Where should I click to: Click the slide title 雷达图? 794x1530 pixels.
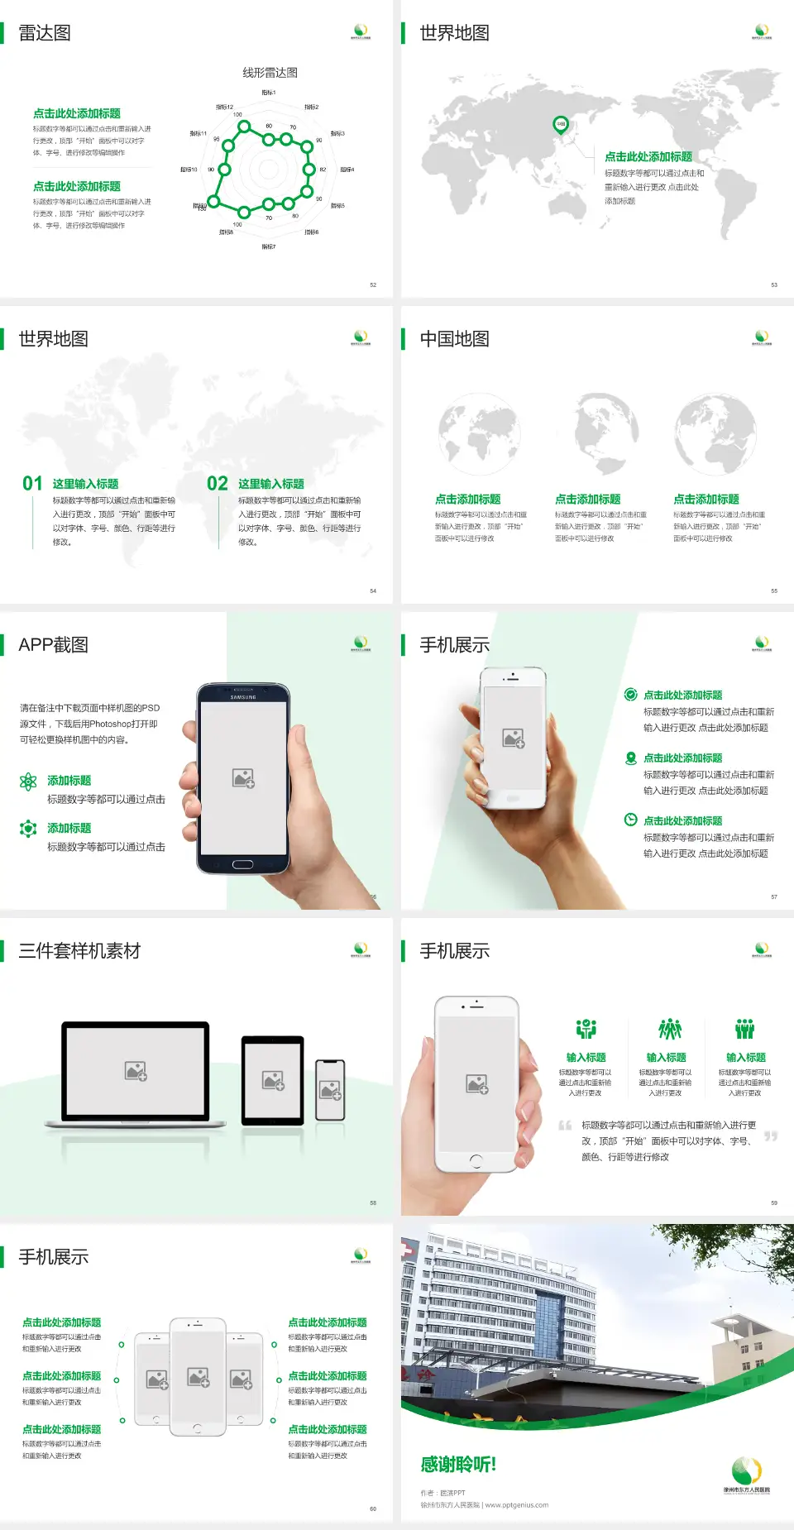click(45, 33)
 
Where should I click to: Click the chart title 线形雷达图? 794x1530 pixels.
click(270, 73)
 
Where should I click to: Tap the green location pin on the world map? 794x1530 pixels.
click(561, 125)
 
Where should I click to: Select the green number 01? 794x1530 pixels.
click(32, 484)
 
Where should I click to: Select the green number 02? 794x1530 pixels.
click(218, 484)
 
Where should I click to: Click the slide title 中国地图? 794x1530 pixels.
click(454, 339)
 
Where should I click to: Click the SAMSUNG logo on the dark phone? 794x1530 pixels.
click(243, 697)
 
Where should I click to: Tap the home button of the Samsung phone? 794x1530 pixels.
click(242, 864)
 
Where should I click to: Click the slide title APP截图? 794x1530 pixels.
click(53, 645)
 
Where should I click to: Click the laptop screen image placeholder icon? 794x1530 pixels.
click(136, 1071)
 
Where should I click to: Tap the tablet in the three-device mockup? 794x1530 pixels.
click(273, 1079)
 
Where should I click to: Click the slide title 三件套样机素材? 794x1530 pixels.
click(79, 951)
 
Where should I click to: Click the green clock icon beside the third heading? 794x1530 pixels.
click(630, 820)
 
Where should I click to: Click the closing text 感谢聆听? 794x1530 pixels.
click(458, 1465)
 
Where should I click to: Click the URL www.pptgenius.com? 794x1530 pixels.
click(517, 1505)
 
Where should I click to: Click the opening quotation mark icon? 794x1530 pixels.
click(565, 1126)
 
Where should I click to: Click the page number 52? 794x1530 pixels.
click(373, 284)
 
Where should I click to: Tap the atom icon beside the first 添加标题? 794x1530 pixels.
click(28, 782)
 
